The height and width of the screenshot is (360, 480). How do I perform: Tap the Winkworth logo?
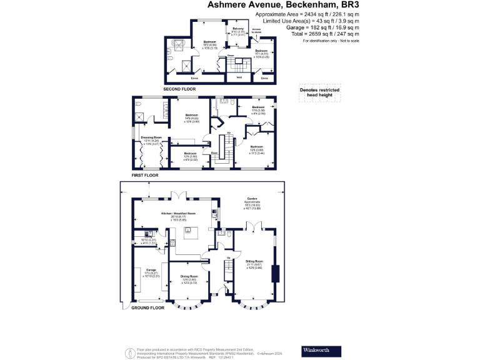pyautogui.click(x=321, y=349)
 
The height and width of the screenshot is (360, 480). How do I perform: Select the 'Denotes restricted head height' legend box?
pyautogui.click(x=321, y=93)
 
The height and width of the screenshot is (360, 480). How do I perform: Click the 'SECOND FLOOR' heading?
pyautogui.click(x=179, y=89)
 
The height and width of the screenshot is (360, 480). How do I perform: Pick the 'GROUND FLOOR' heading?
pyautogui.click(x=147, y=307)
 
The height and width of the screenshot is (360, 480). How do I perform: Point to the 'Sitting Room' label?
pyautogui.click(x=254, y=262)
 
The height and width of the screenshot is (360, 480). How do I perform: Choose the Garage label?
pyautogui.click(x=143, y=270)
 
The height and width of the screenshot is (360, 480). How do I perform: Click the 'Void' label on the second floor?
pyautogui.click(x=238, y=78)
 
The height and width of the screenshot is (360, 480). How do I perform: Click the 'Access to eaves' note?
pyautogui.click(x=256, y=31)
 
